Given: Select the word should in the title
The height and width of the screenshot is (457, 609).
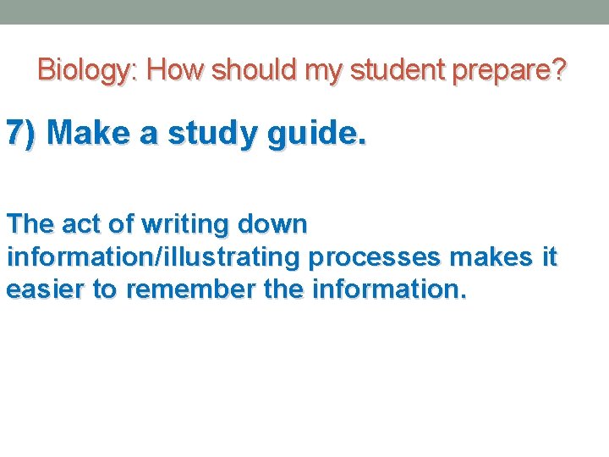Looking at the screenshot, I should pyautogui.click(x=255, y=69).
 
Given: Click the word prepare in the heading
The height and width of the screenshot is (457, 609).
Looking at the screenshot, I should pyautogui.click(x=500, y=71).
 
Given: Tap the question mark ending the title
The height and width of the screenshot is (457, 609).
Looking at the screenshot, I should pyautogui.click(x=558, y=69).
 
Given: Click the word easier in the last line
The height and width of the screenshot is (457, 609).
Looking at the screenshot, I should pyautogui.click(x=45, y=289).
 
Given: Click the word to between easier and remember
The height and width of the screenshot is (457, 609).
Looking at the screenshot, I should pyautogui.click(x=104, y=289).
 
